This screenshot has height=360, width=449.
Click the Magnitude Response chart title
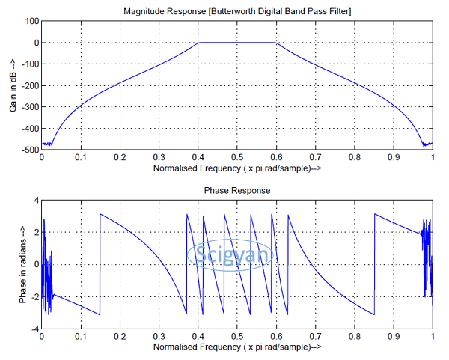point(236,10)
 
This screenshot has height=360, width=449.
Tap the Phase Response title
point(236,191)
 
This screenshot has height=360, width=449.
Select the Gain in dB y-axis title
point(13,86)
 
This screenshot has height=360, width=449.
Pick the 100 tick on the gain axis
point(31,21)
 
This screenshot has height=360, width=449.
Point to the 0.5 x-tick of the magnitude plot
point(236,158)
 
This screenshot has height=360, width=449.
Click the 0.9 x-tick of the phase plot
point(393,338)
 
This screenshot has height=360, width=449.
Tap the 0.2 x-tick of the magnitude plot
point(119,158)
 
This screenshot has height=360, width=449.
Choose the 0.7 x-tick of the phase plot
point(315,338)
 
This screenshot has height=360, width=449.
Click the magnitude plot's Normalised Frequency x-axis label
point(236,169)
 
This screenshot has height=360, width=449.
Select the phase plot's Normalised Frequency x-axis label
point(236,348)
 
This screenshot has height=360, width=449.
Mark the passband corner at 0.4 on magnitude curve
point(198,43)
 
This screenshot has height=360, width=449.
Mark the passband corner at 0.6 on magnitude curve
point(276,43)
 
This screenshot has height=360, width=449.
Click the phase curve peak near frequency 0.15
point(100,214)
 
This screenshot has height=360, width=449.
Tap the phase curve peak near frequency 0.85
point(374,214)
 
